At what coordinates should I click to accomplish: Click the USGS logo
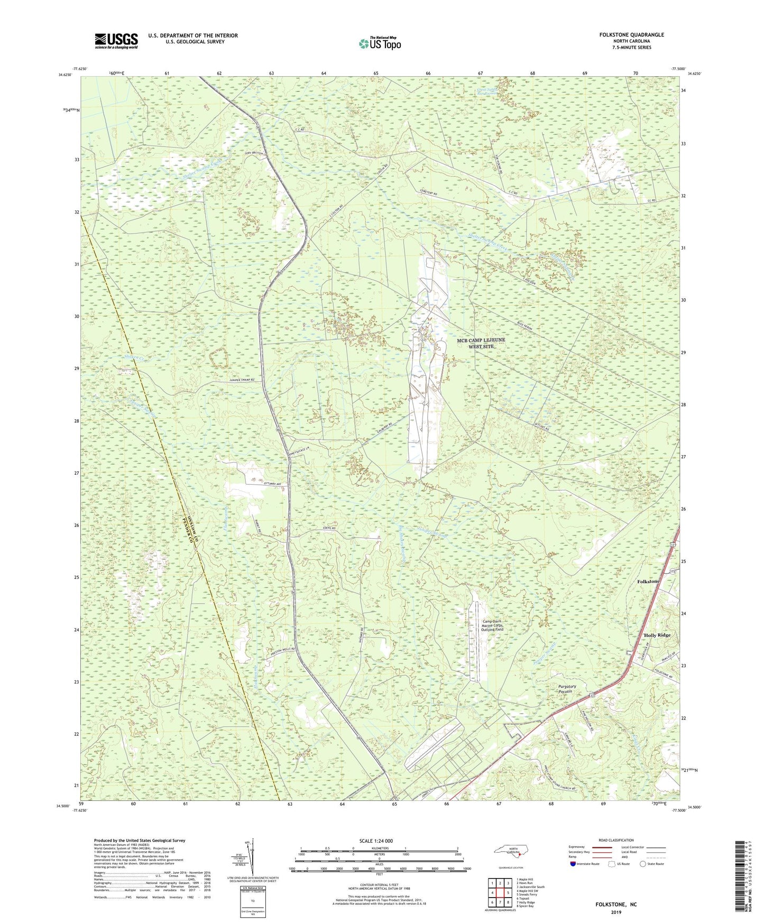pyautogui.click(x=116, y=41)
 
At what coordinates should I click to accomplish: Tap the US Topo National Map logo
pyautogui.click(x=379, y=43)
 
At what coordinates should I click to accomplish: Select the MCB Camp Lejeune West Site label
pyautogui.click(x=481, y=343)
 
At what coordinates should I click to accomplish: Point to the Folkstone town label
pyautogui.click(x=648, y=581)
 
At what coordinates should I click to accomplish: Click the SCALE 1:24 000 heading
pyautogui.click(x=375, y=841)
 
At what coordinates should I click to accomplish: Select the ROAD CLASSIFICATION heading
pyautogui.click(x=616, y=840)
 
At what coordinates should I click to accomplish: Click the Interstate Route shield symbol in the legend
pyautogui.click(x=574, y=864)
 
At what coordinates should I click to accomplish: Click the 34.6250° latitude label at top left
pyautogui.click(x=65, y=75)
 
